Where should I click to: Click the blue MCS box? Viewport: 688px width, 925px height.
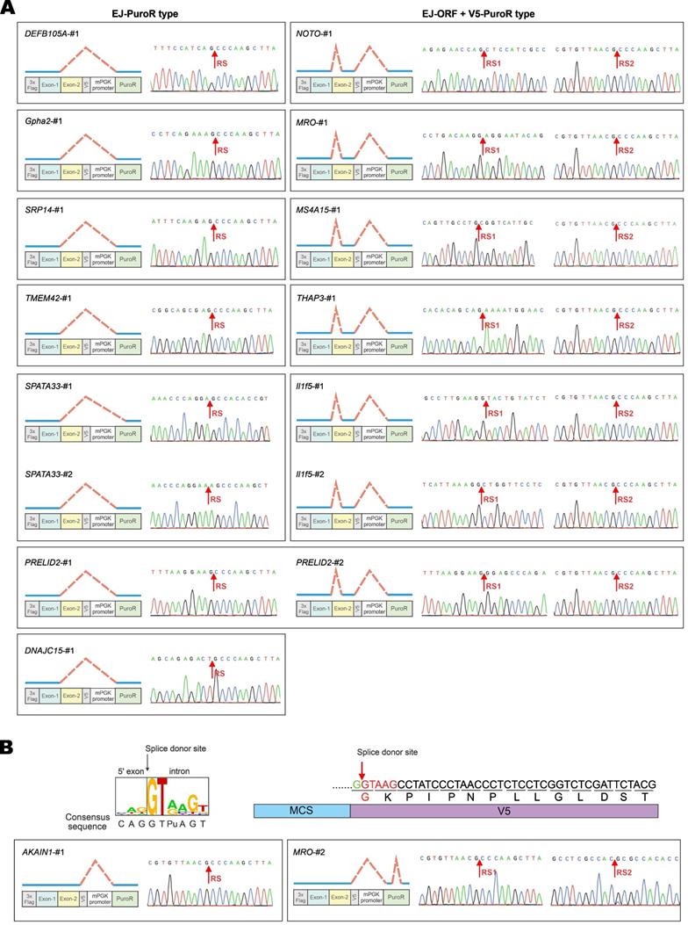pyautogui.click(x=301, y=811)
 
